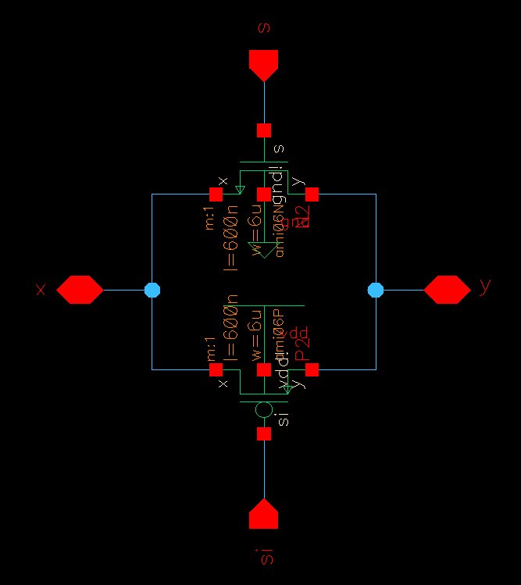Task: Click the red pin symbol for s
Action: pos(264,65)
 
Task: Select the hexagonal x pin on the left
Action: pos(80,290)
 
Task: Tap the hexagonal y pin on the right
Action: pos(448,290)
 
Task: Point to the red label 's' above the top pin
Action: pos(264,27)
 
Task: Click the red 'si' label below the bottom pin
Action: pos(265,556)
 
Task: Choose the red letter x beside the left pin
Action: pos(41,290)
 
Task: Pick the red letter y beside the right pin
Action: pos(486,287)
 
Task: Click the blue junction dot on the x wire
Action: pos(152,290)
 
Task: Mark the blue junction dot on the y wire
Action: pos(376,290)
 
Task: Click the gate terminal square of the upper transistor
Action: pos(264,130)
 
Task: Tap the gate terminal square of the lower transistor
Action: pos(264,433)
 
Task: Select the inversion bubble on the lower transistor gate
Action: pos(264,409)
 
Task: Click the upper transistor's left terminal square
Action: pos(216,194)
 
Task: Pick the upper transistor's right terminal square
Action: pos(312,194)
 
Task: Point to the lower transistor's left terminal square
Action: pos(216,369)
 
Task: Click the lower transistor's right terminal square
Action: pos(312,369)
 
